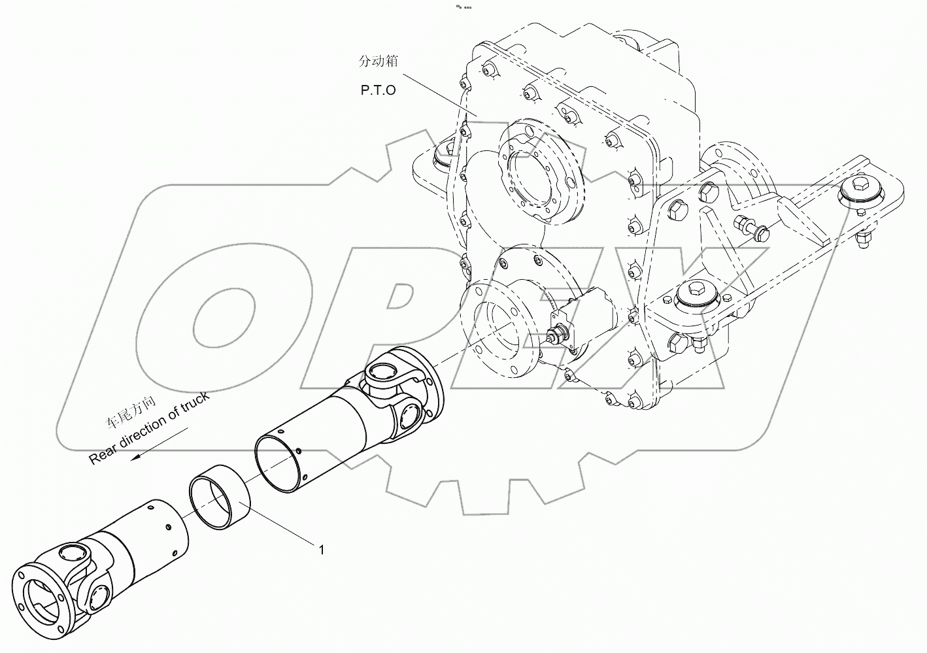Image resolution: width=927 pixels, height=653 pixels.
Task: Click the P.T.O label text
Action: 378,90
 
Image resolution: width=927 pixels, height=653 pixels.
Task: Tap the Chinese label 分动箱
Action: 378,61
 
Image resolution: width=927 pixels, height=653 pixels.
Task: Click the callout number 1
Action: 321,550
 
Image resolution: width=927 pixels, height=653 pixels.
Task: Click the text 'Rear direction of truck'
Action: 150,429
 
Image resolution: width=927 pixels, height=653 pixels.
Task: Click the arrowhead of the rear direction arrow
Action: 135,457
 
